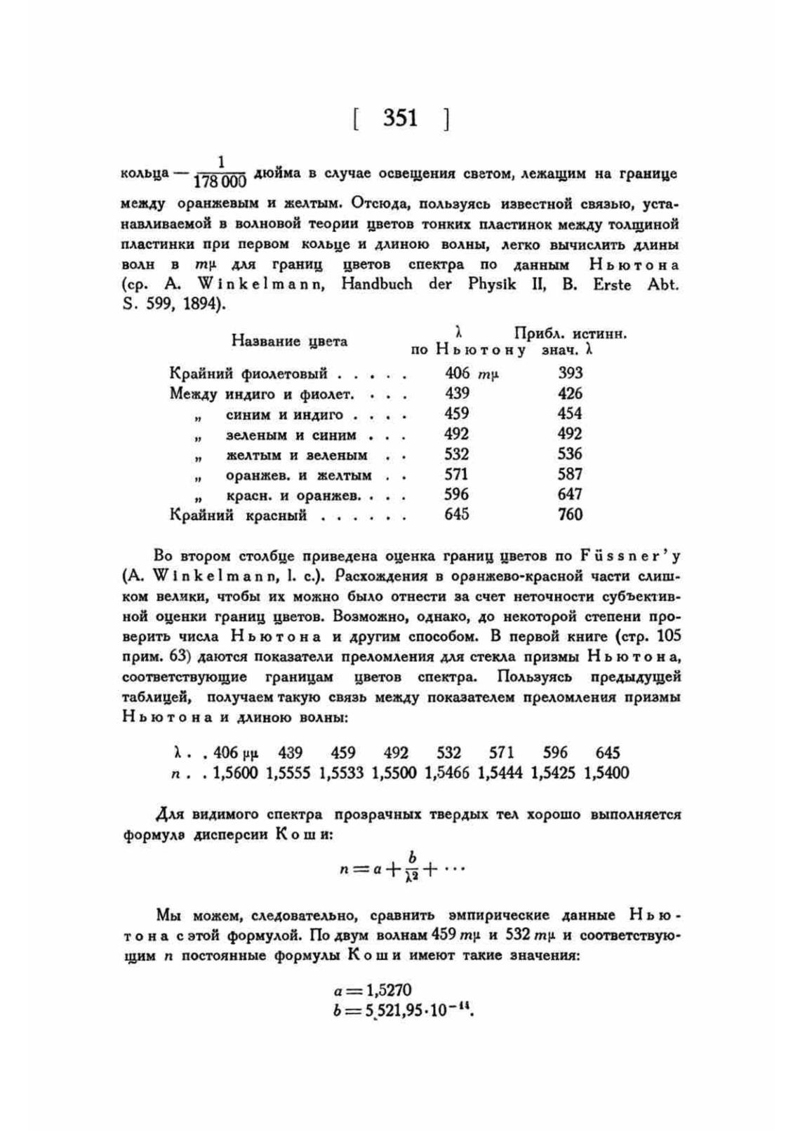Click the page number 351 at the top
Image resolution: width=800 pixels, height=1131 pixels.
pyautogui.click(x=400, y=118)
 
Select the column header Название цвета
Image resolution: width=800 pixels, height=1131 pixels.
pyautogui.click(x=289, y=341)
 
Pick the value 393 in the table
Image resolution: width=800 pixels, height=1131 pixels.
pyautogui.click(x=570, y=373)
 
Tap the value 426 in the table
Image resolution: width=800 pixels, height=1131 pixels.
pyautogui.click(x=570, y=393)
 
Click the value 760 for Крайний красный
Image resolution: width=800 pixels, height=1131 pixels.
pyautogui.click(x=570, y=515)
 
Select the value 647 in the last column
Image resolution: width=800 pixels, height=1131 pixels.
pyautogui.click(x=570, y=494)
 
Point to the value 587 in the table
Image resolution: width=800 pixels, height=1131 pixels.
pyautogui.click(x=570, y=474)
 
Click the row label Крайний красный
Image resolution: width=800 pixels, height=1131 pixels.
pyautogui.click(x=238, y=515)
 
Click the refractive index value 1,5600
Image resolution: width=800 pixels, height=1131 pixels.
pyautogui.click(x=235, y=773)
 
